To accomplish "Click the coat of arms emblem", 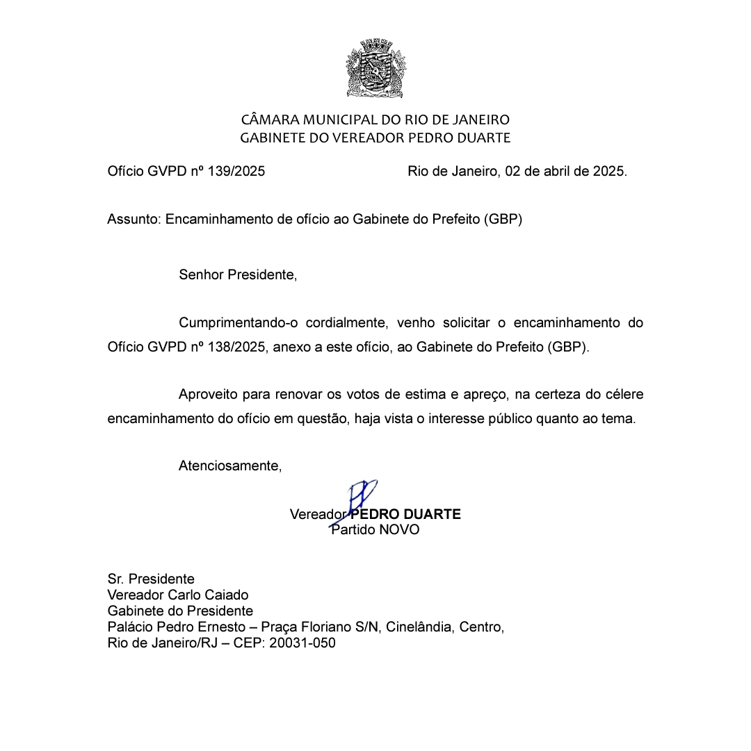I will click(x=375, y=69).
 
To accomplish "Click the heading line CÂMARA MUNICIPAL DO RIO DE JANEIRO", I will click(x=375, y=120).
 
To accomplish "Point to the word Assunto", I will click(x=134, y=220).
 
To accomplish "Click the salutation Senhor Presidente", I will click(x=237, y=275).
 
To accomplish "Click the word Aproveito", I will click(x=207, y=395).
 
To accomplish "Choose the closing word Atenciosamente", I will click(x=229, y=466).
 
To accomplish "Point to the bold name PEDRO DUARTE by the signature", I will click(x=405, y=515).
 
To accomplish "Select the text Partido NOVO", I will click(x=375, y=530).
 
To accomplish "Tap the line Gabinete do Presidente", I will click(x=180, y=611).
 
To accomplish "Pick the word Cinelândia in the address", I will click(x=418, y=627).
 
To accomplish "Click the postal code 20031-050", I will click(x=302, y=643).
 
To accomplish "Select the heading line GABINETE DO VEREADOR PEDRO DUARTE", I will click(x=375, y=138).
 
